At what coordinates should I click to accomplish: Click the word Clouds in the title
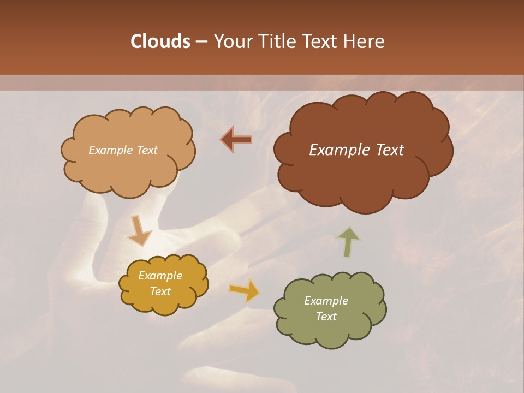(x=160, y=41)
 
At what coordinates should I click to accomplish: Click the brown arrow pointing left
(x=236, y=139)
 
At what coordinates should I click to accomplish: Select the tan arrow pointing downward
(x=138, y=230)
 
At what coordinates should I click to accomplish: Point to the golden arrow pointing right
(x=245, y=290)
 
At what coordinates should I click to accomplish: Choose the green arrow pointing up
(x=348, y=242)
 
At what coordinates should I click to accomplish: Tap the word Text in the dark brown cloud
(x=390, y=150)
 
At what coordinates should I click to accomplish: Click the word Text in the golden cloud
(x=160, y=291)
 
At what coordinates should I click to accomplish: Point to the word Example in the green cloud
(x=326, y=301)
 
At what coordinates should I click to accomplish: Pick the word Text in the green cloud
(x=326, y=317)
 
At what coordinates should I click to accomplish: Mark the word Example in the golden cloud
(x=160, y=276)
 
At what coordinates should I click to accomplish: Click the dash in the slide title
(x=201, y=41)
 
